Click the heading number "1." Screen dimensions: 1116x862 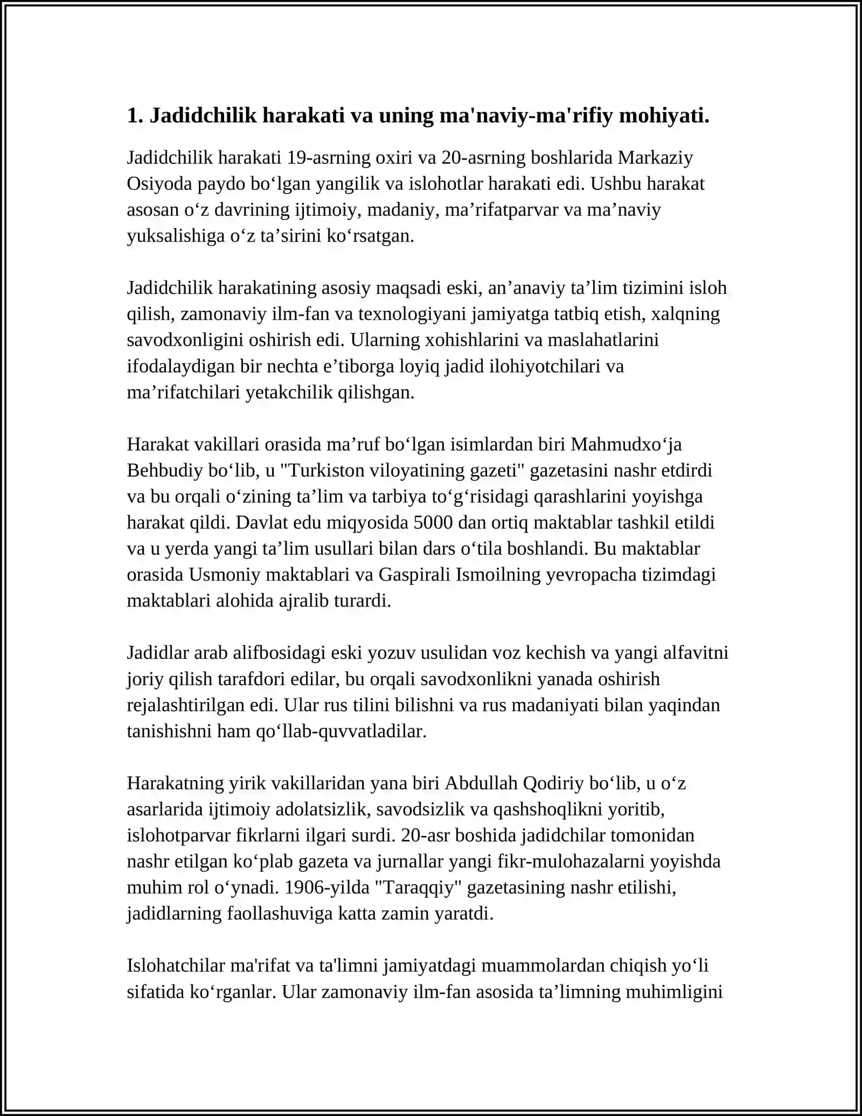coord(135,115)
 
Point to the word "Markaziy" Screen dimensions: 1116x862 coord(655,157)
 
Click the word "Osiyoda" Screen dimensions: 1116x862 coord(159,184)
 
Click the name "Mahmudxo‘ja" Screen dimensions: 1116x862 coord(626,444)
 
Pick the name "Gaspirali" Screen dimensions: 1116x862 coord(413,575)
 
